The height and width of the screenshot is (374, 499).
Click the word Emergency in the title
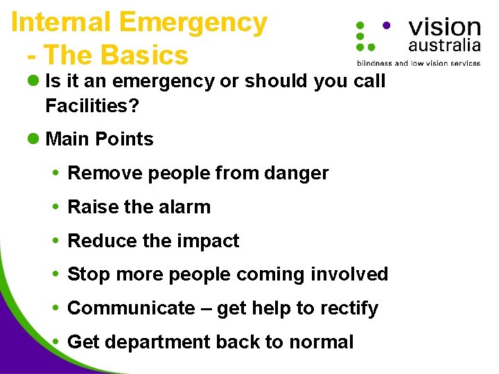[x=193, y=23]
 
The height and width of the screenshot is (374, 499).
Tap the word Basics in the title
[x=144, y=55]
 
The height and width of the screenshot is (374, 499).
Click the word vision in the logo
[x=444, y=27]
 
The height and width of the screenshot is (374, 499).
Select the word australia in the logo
[x=444, y=46]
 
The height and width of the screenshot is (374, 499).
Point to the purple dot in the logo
[x=386, y=24]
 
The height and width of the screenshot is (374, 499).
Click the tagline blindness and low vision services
[x=418, y=63]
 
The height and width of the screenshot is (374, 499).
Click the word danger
[x=297, y=173]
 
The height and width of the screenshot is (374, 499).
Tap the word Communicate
[x=131, y=308]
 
